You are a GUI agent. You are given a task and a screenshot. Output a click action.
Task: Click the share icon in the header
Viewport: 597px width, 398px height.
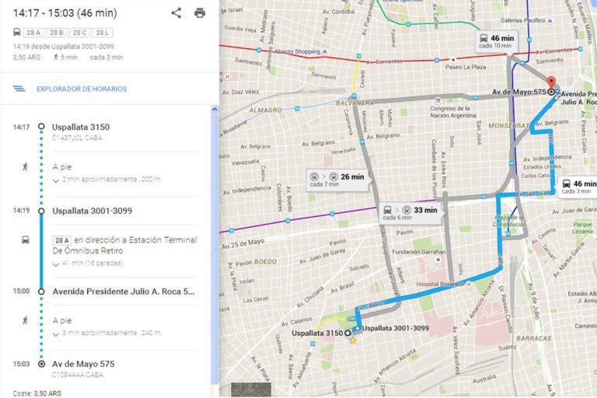point(176,12)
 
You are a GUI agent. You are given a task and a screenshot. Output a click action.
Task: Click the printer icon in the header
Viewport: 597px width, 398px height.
point(200,12)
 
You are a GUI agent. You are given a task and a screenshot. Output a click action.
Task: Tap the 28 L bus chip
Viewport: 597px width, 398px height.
point(103,32)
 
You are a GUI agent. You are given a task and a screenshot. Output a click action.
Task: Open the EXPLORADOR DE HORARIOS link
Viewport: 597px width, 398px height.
point(81,89)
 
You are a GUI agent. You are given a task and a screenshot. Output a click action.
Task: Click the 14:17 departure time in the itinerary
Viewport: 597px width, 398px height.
point(21,127)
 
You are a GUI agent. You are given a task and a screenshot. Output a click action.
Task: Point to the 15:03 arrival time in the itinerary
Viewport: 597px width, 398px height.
point(21,363)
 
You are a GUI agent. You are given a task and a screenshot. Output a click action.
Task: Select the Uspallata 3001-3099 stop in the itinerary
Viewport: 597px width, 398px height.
point(92,211)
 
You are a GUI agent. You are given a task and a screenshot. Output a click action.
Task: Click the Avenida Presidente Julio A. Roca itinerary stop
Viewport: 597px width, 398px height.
point(123,292)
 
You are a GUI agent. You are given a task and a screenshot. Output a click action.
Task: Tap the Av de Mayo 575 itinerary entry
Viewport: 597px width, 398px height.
point(83,363)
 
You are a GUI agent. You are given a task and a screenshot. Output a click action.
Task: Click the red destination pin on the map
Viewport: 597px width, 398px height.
point(551,82)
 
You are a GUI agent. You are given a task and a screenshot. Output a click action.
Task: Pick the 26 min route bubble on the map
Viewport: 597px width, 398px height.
point(336,178)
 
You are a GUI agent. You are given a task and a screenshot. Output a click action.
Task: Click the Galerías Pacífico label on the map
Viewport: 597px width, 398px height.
point(522,20)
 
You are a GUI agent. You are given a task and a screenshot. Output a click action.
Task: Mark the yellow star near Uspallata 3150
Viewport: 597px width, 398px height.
point(353,340)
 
